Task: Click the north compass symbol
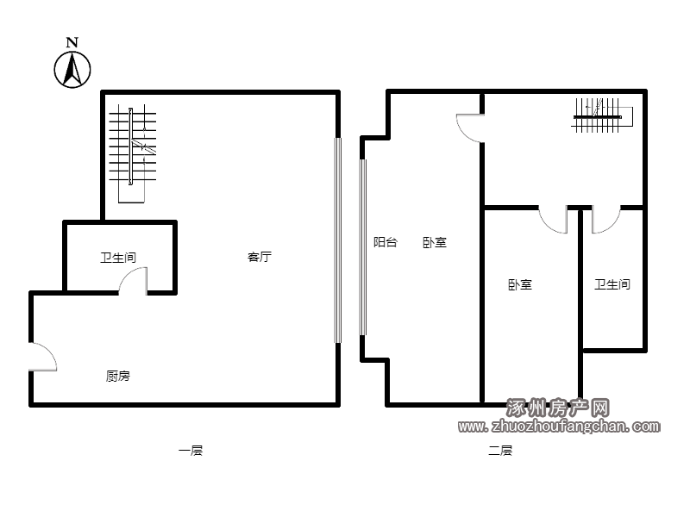click(x=72, y=70)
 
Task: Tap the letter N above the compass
click(x=72, y=42)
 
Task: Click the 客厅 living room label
click(x=260, y=257)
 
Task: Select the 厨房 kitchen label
click(x=118, y=377)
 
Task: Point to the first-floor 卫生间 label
click(x=118, y=258)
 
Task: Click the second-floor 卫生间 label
click(x=612, y=284)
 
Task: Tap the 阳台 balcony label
click(x=386, y=242)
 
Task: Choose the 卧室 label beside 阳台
click(x=435, y=242)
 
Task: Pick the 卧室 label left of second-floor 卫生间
click(x=520, y=285)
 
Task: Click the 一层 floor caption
click(x=191, y=451)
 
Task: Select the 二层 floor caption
click(x=500, y=451)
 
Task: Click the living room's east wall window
click(x=338, y=240)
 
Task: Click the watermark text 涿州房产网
click(x=558, y=408)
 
